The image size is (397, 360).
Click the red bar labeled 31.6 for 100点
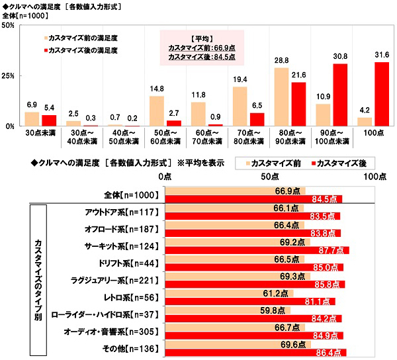pos(381,93)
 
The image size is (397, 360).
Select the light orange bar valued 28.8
pos(281,97)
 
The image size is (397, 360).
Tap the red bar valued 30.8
pos(340,95)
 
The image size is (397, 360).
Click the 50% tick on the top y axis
pos(9,25)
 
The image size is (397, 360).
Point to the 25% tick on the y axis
pos(9,75)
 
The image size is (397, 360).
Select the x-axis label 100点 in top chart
pos(373,134)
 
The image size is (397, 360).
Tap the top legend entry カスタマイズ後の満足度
pos(87,50)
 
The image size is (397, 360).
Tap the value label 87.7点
pos(337,251)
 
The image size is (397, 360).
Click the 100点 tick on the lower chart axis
pos(375,177)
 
